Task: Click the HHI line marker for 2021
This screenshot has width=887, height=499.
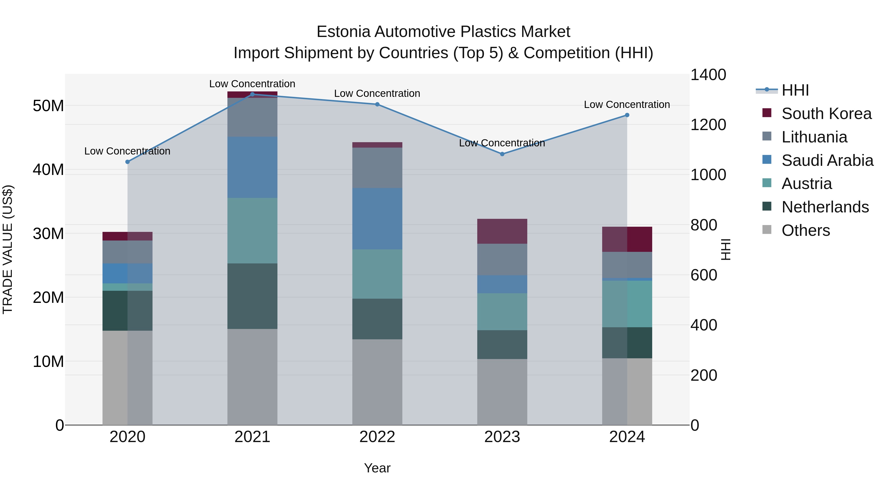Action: coord(252,94)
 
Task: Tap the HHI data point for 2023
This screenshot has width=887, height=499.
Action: coord(502,154)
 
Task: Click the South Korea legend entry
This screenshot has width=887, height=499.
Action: coord(826,114)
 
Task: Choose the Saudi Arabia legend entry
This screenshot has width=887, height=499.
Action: coord(827,160)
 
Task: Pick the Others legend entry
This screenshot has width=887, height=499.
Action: coord(805,230)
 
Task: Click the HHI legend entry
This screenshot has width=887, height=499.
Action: coord(795,90)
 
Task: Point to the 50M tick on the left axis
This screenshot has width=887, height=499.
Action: coord(48,106)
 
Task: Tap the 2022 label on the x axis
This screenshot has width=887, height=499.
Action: coord(377,437)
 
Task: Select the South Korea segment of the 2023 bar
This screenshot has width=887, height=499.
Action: coord(502,231)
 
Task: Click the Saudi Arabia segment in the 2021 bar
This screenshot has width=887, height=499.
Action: coord(252,167)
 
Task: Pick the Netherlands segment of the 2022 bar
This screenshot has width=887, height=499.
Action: coord(377,319)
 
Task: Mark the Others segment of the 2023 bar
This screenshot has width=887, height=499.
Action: coord(502,392)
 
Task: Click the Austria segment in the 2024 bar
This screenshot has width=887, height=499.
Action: coord(627,304)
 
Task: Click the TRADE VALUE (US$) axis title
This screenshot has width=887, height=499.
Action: coord(8,249)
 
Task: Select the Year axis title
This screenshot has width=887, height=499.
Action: coord(377,468)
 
